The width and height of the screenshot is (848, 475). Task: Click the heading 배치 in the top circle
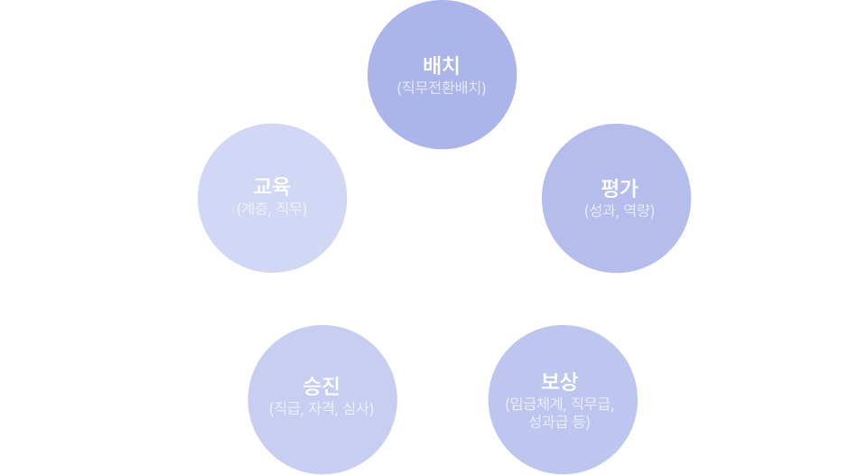click(x=442, y=66)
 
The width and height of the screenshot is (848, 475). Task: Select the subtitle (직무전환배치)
click(x=442, y=88)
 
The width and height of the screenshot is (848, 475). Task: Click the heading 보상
click(x=559, y=380)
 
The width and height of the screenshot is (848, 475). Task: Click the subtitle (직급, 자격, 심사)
click(x=321, y=408)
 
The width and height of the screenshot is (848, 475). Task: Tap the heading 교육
click(x=272, y=188)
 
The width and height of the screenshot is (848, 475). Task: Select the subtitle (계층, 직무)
click(x=272, y=210)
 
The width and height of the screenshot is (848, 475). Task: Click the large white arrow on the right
click(x=754, y=272)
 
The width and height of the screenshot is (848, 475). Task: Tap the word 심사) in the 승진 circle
click(x=355, y=408)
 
